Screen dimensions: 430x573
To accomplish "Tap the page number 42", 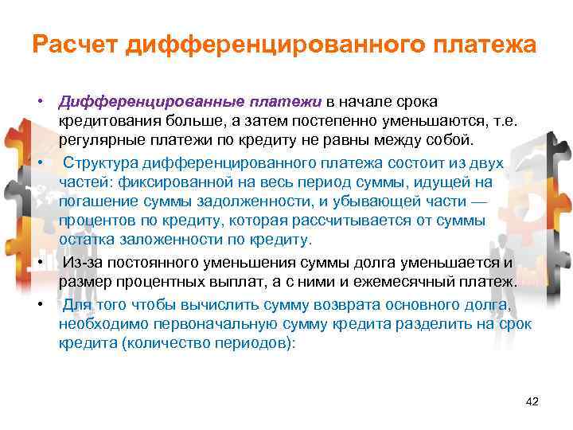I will pos(532,401).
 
